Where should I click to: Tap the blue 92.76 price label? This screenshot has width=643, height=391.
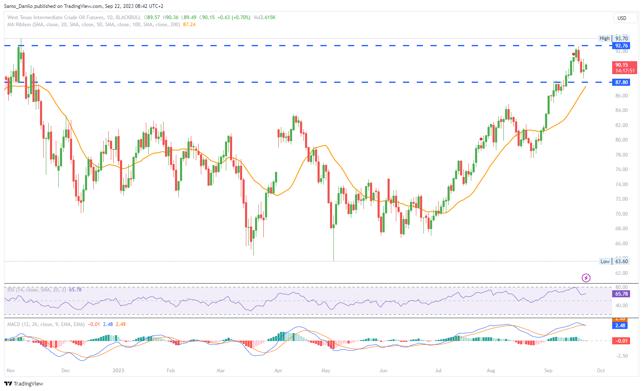pos(621,46)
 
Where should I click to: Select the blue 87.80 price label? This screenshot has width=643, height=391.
pos(621,82)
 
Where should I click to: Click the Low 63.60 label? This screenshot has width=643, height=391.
pos(614,261)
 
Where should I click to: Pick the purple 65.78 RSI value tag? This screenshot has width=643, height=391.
pos(621,294)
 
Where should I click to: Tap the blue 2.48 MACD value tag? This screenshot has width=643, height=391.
pos(620,326)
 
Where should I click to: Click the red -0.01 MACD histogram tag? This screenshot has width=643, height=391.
pos(621,341)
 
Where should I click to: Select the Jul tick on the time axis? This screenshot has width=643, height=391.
pos(438,371)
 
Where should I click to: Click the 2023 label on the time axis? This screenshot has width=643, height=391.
pos(118,371)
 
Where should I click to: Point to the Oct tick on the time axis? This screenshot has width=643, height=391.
pos(600,371)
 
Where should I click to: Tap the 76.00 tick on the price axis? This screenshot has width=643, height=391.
pos(621,169)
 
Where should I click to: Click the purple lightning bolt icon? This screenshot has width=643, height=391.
pos(586,278)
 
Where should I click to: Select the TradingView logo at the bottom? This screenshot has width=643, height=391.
pos(25,384)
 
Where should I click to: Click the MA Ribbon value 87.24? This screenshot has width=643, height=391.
pos(189,25)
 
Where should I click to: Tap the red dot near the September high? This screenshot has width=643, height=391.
pos(574,54)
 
